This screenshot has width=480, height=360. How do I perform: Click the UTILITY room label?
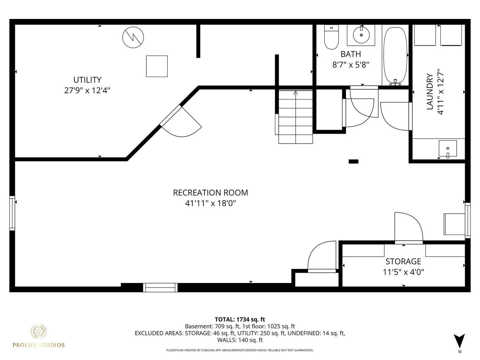coord(87,80)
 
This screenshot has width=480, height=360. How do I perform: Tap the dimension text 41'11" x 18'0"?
coord(210,203)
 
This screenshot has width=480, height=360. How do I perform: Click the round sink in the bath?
coord(361,35)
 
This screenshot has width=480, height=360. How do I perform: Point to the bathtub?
coord(395,55)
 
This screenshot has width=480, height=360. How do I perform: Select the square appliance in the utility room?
coord(157,66)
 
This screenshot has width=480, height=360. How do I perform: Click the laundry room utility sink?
coord(448,149)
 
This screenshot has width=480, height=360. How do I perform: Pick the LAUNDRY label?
coord(430,92)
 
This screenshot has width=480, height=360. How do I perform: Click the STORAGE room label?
coord(403,261)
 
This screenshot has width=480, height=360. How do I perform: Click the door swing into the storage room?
coord(408,227)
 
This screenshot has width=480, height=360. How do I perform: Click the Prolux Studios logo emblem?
coord(39,331)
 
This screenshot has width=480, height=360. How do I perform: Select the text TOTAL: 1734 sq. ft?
coord(240,319)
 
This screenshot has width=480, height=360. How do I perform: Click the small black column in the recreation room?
coord(353,162)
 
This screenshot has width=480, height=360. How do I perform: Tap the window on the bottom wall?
coord(160,287)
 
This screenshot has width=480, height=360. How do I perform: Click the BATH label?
coord(351,54)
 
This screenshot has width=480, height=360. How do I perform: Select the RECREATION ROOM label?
coord(210,193)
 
